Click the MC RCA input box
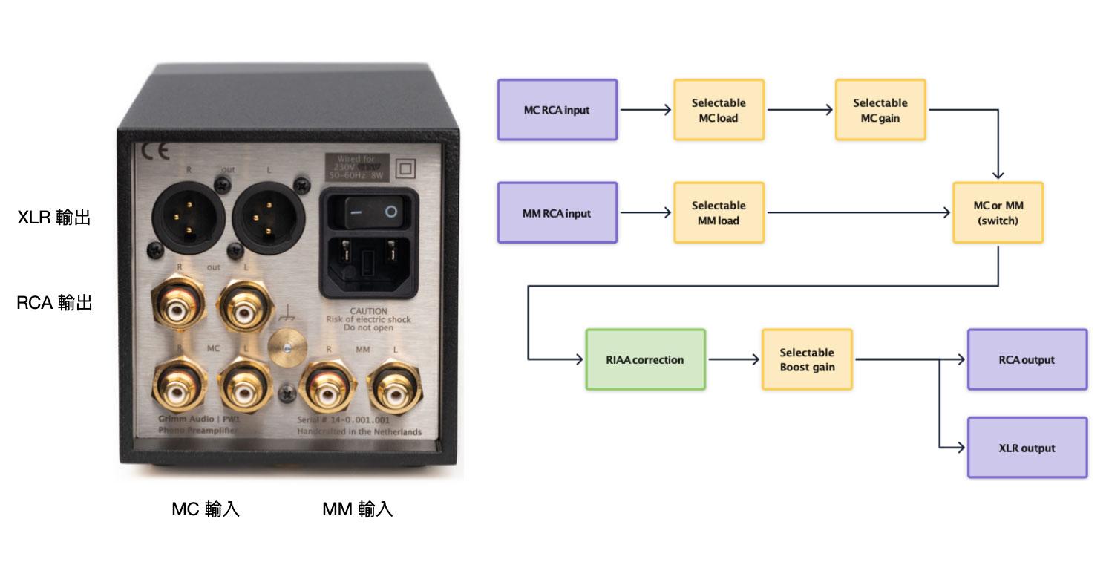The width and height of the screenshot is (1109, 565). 557,110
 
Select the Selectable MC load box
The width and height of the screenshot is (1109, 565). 718,110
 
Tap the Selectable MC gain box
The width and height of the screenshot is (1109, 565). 880,110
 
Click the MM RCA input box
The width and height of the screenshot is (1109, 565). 557,213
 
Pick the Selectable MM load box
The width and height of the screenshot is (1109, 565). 718,213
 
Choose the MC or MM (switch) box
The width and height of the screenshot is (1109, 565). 998,213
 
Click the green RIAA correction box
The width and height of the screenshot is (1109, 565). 644,360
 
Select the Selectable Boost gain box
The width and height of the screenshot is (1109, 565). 807,360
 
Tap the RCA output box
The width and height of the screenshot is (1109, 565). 1027,360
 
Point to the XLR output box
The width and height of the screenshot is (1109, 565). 1027,448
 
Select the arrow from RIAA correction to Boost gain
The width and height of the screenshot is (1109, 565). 733,360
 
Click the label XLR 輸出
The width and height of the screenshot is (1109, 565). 54,218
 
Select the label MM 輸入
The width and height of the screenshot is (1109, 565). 357,509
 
